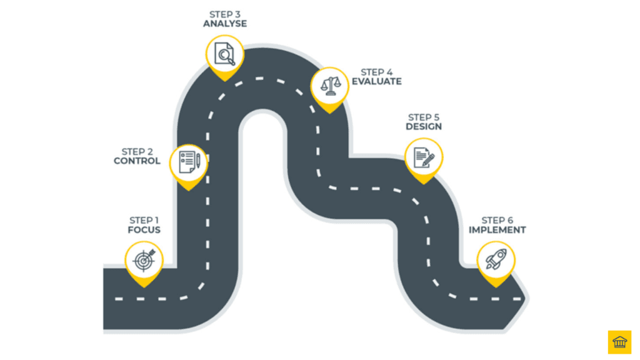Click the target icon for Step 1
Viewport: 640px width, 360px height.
click(x=144, y=260)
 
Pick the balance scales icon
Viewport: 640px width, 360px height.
click(x=330, y=84)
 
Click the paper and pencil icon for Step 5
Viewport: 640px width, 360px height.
click(x=424, y=156)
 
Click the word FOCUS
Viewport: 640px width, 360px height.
click(x=144, y=229)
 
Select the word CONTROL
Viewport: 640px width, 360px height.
click(x=137, y=161)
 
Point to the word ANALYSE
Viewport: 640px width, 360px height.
click(x=225, y=24)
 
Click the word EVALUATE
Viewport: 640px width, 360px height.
click(x=376, y=81)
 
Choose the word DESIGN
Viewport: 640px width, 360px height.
click(x=424, y=126)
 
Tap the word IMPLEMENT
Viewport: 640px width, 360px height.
click(x=497, y=229)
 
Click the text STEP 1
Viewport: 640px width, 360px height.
click(x=144, y=220)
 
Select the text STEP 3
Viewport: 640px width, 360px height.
click(x=225, y=14)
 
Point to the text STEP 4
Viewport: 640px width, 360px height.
click(x=376, y=72)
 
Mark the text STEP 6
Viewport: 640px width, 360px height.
click(x=497, y=220)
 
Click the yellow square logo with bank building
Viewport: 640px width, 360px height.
click(x=619, y=342)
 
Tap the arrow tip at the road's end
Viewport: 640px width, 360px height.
click(x=524, y=299)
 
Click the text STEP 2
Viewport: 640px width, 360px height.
click(x=137, y=151)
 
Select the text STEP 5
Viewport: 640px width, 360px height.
click(x=424, y=117)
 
